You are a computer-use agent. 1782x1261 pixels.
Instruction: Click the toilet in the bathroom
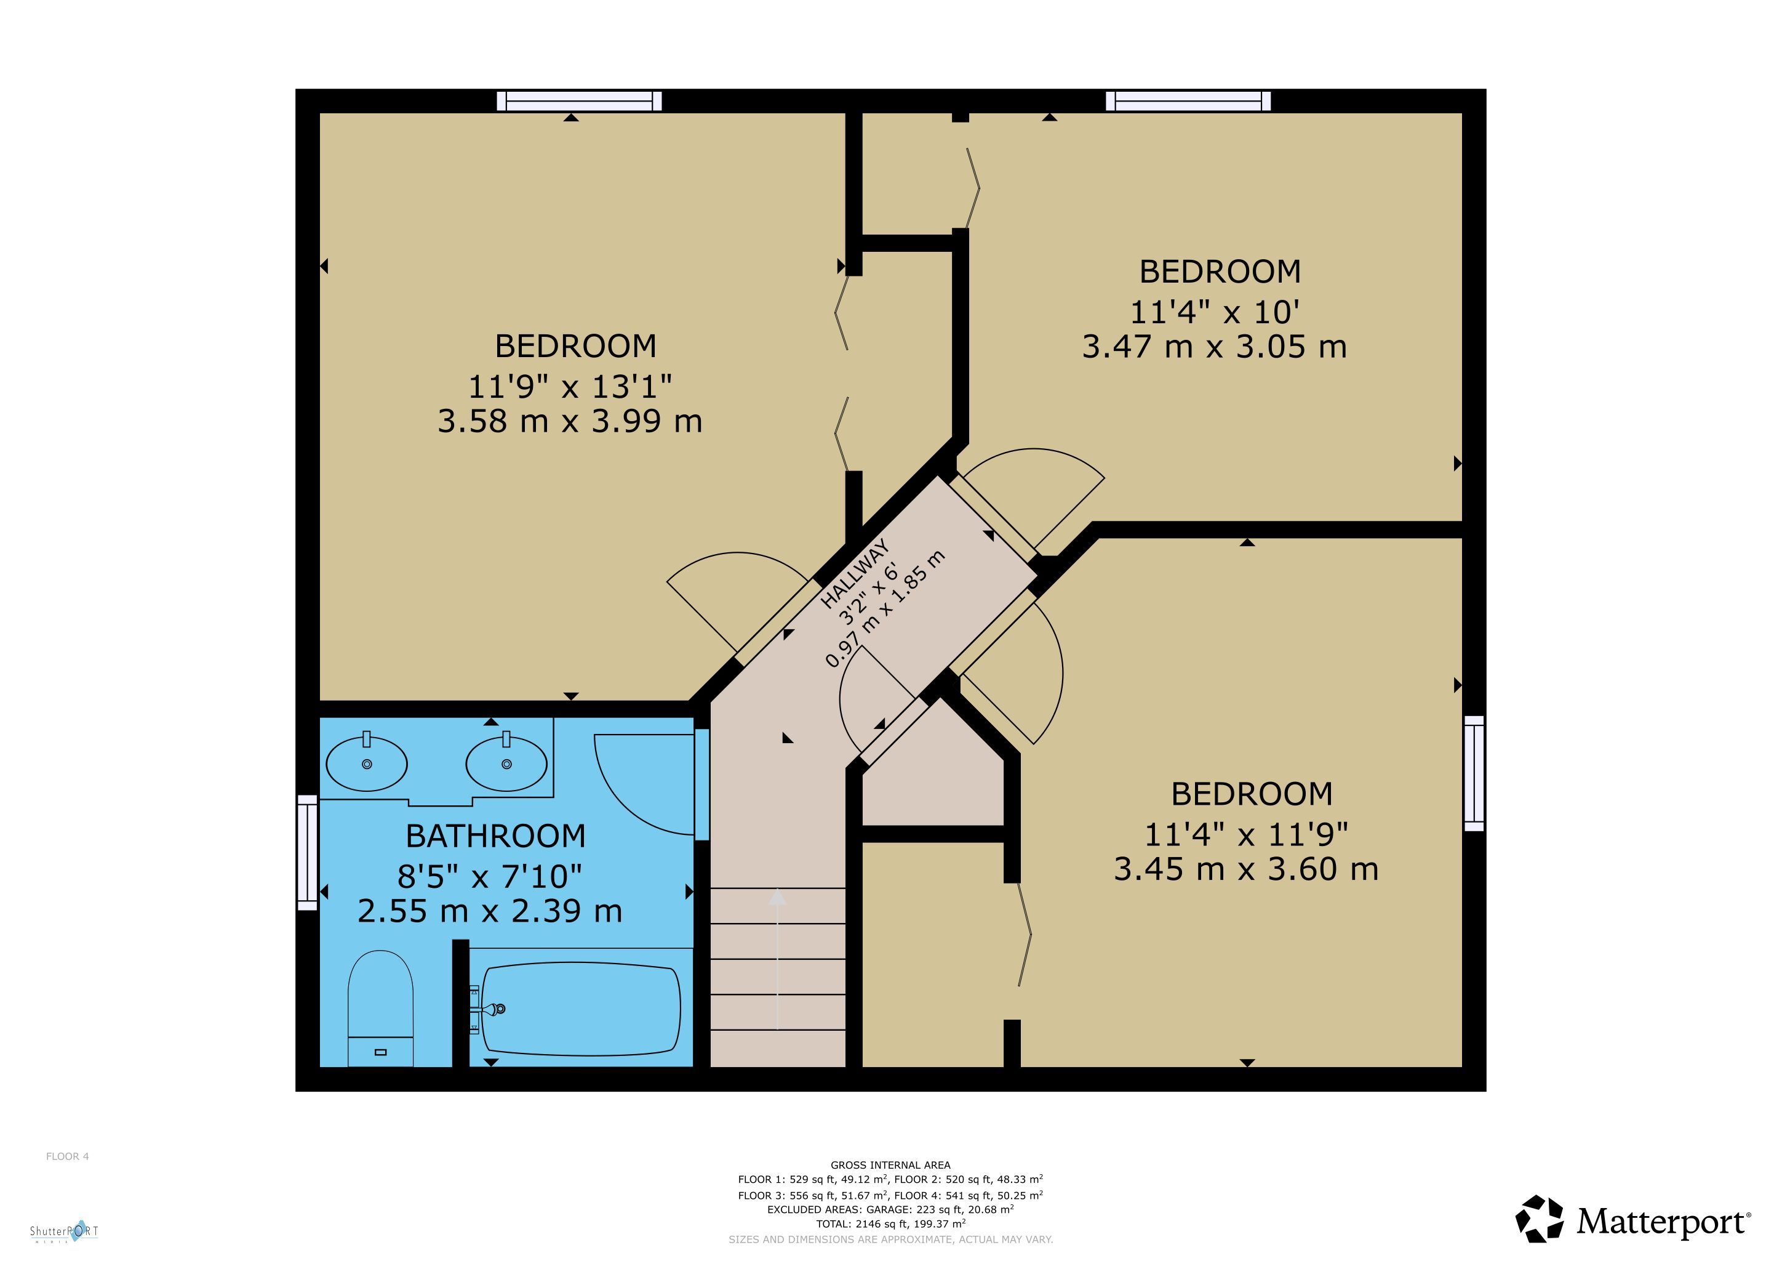(380, 1009)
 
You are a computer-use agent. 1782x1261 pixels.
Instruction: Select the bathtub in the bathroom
(580, 1009)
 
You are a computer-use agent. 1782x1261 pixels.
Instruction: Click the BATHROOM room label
(496, 836)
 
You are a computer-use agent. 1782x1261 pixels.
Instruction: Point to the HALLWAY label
(855, 574)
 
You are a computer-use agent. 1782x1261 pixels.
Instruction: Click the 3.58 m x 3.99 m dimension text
(570, 421)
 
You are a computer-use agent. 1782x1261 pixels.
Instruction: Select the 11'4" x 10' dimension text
(1215, 312)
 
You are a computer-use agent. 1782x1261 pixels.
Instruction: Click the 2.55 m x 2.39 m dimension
(490, 910)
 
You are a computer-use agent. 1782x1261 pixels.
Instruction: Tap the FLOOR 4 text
(68, 1156)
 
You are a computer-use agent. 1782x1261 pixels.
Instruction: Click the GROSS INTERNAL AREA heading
(890, 1165)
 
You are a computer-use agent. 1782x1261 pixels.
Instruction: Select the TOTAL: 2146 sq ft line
(890, 1223)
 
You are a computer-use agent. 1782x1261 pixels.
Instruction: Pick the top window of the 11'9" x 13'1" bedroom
(579, 101)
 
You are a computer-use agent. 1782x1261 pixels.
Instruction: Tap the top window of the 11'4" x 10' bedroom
(1188, 101)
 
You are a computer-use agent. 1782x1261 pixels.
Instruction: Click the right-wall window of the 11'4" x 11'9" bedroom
(1474, 773)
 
